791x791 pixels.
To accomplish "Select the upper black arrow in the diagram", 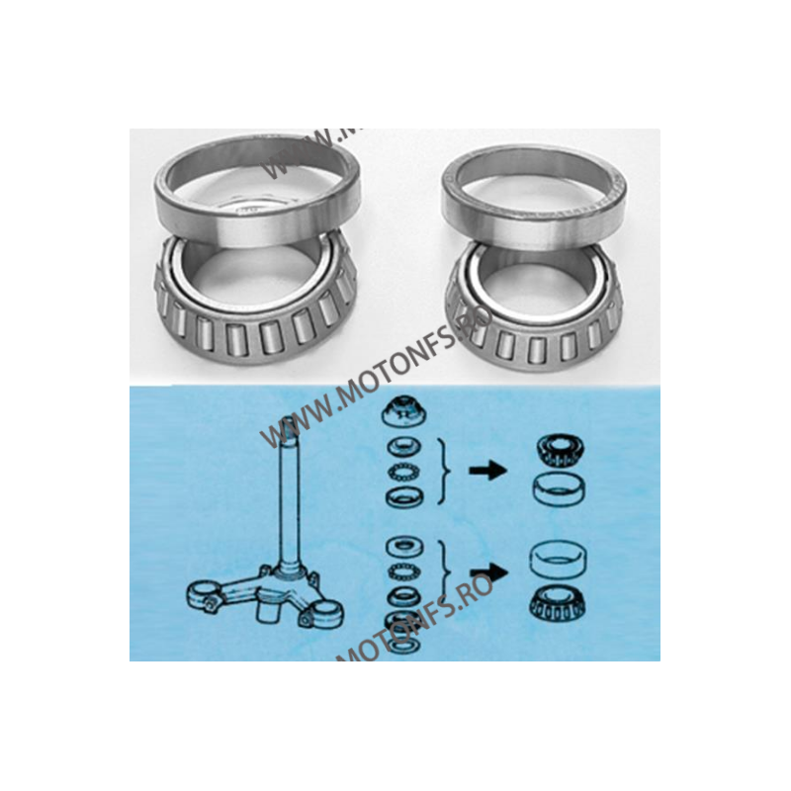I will tap(487, 473).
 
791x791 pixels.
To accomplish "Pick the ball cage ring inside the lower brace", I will tap(403, 571).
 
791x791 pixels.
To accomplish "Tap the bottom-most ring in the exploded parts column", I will tap(403, 644).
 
